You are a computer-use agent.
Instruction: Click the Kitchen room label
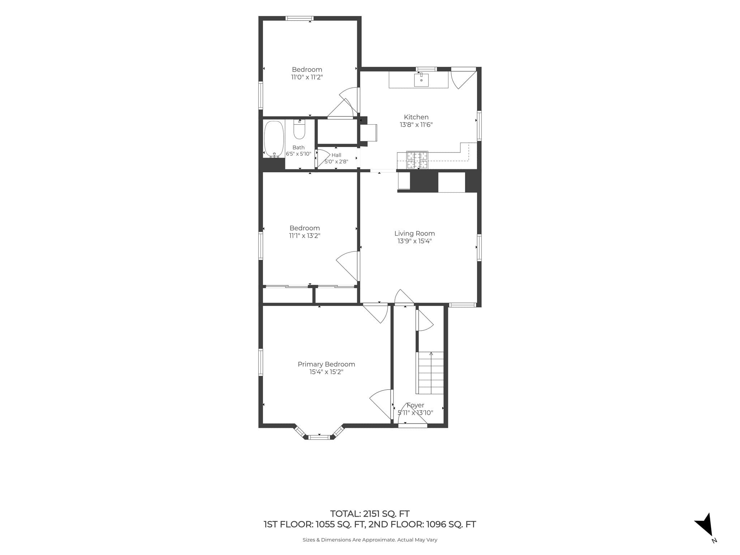[416, 117]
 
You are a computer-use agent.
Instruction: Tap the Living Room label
[414, 233]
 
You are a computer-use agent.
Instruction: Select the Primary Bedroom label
[326, 364]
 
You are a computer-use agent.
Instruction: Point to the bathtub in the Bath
[274, 139]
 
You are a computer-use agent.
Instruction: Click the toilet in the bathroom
[299, 129]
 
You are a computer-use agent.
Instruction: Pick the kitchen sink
[421, 80]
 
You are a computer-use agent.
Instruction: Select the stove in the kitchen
[417, 160]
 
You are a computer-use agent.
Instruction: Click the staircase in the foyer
[430, 373]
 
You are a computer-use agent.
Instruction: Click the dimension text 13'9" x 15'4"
[414, 241]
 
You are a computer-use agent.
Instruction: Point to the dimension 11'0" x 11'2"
[307, 77]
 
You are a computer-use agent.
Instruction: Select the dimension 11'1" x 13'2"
[305, 236]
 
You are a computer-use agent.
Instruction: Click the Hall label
[336, 155]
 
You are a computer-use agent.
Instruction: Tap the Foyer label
[415, 405]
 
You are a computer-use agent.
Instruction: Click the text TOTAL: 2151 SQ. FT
[370, 513]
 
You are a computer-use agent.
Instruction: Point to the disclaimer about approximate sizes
[370, 540]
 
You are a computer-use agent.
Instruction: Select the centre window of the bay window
[319, 437]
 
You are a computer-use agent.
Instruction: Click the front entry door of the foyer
[412, 426]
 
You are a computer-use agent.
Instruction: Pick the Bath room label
[298, 147]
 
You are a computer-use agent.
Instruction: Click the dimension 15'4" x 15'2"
[326, 372]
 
